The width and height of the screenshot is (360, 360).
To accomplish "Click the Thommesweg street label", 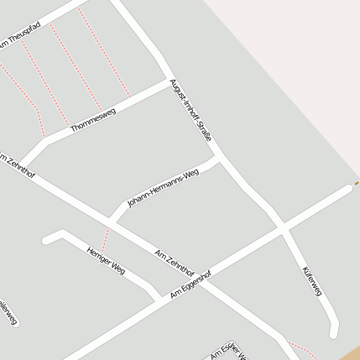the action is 93,120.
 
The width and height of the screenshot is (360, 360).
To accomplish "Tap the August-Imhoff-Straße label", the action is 190,109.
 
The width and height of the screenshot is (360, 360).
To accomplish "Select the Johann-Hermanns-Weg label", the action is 163,187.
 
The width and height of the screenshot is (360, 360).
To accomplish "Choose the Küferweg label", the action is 310,281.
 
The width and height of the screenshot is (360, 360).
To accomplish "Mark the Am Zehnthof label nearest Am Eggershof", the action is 175,263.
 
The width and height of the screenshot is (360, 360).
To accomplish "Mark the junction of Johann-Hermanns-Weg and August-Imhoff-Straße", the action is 220,156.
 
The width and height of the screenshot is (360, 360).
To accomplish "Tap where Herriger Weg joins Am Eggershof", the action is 158,299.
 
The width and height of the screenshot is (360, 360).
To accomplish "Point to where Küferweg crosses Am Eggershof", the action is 283,227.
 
